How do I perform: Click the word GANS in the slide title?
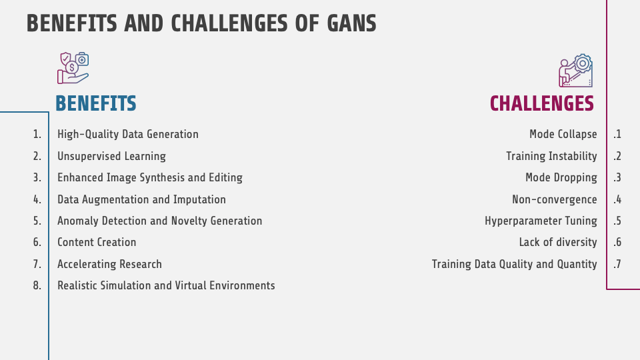[x=351, y=23]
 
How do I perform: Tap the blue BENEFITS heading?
[x=96, y=103]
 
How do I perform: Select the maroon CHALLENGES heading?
[x=541, y=103]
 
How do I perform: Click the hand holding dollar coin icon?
[x=73, y=68]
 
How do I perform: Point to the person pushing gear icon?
[x=575, y=71]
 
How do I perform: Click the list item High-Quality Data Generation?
[x=128, y=134]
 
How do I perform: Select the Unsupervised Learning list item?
[x=111, y=156]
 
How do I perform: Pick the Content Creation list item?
[x=97, y=242]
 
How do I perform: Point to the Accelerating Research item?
[x=109, y=264]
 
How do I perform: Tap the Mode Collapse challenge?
[x=563, y=134]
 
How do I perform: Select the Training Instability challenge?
[x=551, y=156]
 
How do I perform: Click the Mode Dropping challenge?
[x=561, y=177]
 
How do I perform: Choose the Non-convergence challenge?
[x=554, y=199]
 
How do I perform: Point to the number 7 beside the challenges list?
[x=617, y=264]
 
